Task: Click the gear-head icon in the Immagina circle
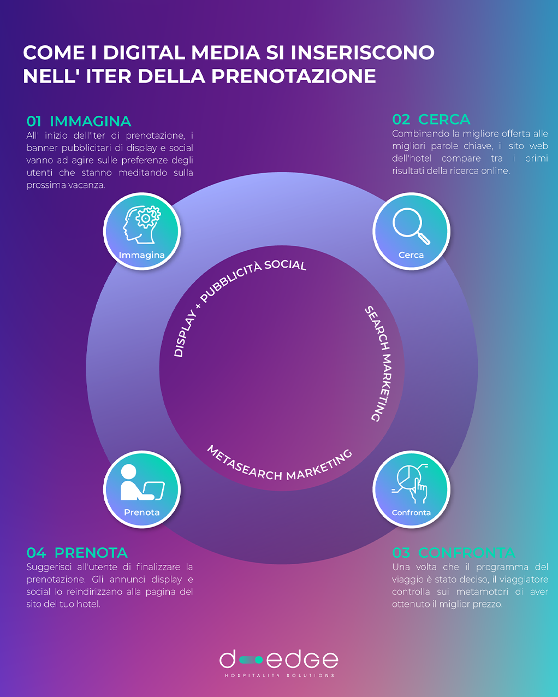141,225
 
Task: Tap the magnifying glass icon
411,226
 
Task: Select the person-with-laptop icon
142,482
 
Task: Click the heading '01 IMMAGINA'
79,121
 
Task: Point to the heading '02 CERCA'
431,120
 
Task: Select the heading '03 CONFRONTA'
453,553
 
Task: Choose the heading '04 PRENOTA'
77,553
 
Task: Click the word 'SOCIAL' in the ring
286,265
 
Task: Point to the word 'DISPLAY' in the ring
185,334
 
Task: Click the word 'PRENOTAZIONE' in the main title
294,76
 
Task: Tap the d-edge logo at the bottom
279,659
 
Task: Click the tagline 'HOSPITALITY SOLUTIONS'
280,676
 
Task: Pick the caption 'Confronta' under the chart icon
411,513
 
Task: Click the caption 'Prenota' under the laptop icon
142,512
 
